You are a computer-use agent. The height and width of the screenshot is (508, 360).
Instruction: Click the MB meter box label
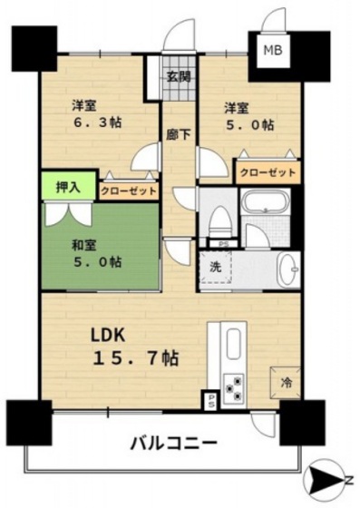pyautogui.click(x=272, y=51)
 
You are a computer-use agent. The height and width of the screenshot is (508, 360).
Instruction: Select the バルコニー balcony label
pyautogui.click(x=172, y=444)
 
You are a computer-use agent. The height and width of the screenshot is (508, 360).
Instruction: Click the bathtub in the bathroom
pyautogui.click(x=265, y=203)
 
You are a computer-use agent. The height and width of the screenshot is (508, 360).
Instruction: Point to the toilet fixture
pyautogui.click(x=218, y=221)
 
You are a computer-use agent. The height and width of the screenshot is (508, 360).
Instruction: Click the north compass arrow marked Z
pyautogui.click(x=327, y=477)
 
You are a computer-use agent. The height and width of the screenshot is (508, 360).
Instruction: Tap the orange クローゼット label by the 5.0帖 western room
pyautogui.click(x=268, y=171)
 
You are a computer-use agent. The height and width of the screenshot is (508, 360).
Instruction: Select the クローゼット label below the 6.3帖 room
pyautogui.click(x=128, y=190)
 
